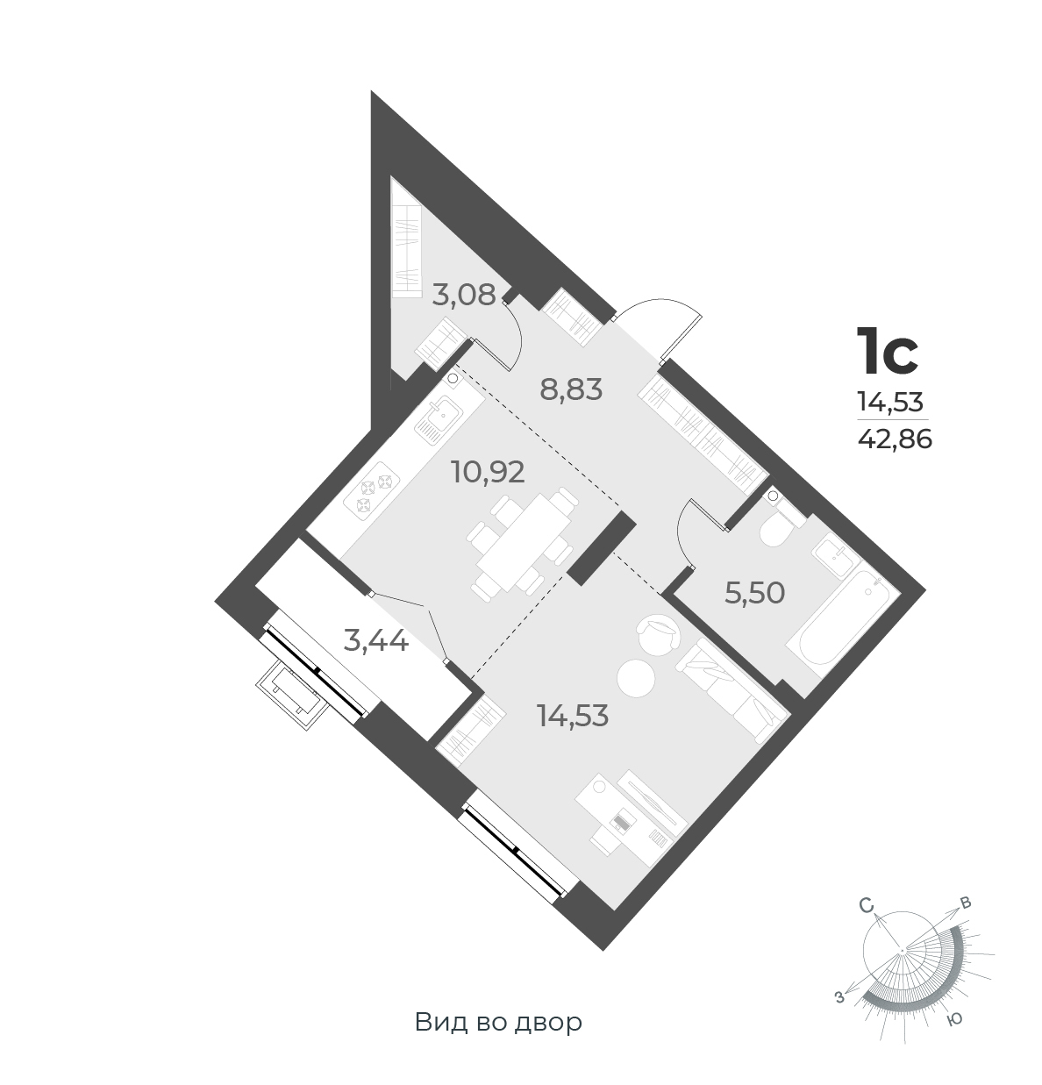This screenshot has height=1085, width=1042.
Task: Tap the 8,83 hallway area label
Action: [x=571, y=389]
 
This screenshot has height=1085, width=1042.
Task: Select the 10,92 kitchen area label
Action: [x=488, y=472]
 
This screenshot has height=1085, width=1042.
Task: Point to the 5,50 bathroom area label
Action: [x=753, y=593]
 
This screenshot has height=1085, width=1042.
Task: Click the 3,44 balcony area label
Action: [x=376, y=641]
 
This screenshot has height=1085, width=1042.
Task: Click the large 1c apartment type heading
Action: [x=887, y=351]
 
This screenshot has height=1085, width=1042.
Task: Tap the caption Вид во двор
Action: [x=498, y=1022]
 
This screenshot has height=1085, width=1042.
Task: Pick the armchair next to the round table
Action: [x=656, y=632]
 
